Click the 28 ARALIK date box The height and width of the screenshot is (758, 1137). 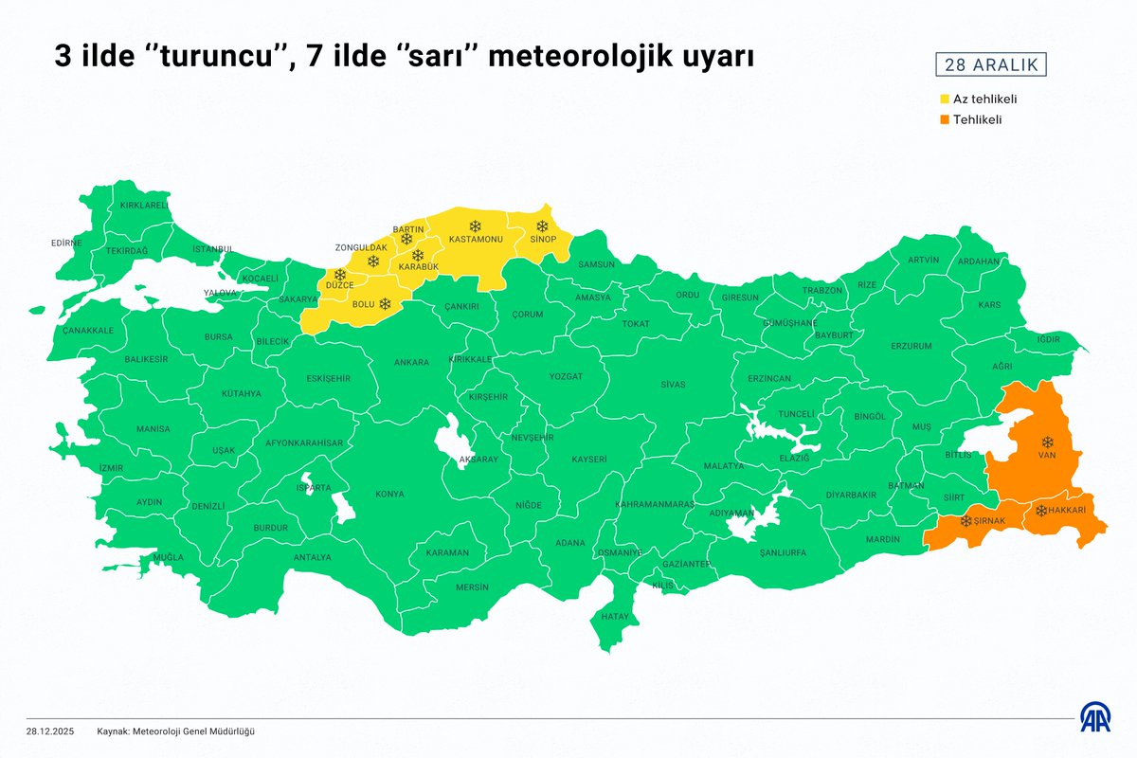[x=991, y=65]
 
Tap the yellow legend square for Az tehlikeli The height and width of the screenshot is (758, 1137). [x=945, y=99]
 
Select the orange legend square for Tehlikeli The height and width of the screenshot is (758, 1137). [x=945, y=119]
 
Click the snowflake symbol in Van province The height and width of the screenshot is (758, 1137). [x=1047, y=442]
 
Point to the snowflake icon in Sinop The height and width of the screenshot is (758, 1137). [x=542, y=226]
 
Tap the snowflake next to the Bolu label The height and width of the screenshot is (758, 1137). [x=385, y=303]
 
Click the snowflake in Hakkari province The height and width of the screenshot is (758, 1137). [x=1040, y=511]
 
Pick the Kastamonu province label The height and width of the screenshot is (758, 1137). [x=476, y=239]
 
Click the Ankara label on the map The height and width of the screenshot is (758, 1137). [x=411, y=362]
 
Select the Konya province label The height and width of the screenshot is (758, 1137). [x=389, y=494]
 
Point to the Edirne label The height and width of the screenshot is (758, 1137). [x=66, y=243]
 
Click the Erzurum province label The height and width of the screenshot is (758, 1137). [x=911, y=347]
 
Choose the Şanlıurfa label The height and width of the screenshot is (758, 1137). [x=776, y=551]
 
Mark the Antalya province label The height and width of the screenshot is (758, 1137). [x=313, y=557]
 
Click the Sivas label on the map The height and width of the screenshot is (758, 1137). [x=673, y=384]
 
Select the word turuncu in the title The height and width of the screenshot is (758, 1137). [x=213, y=59]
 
